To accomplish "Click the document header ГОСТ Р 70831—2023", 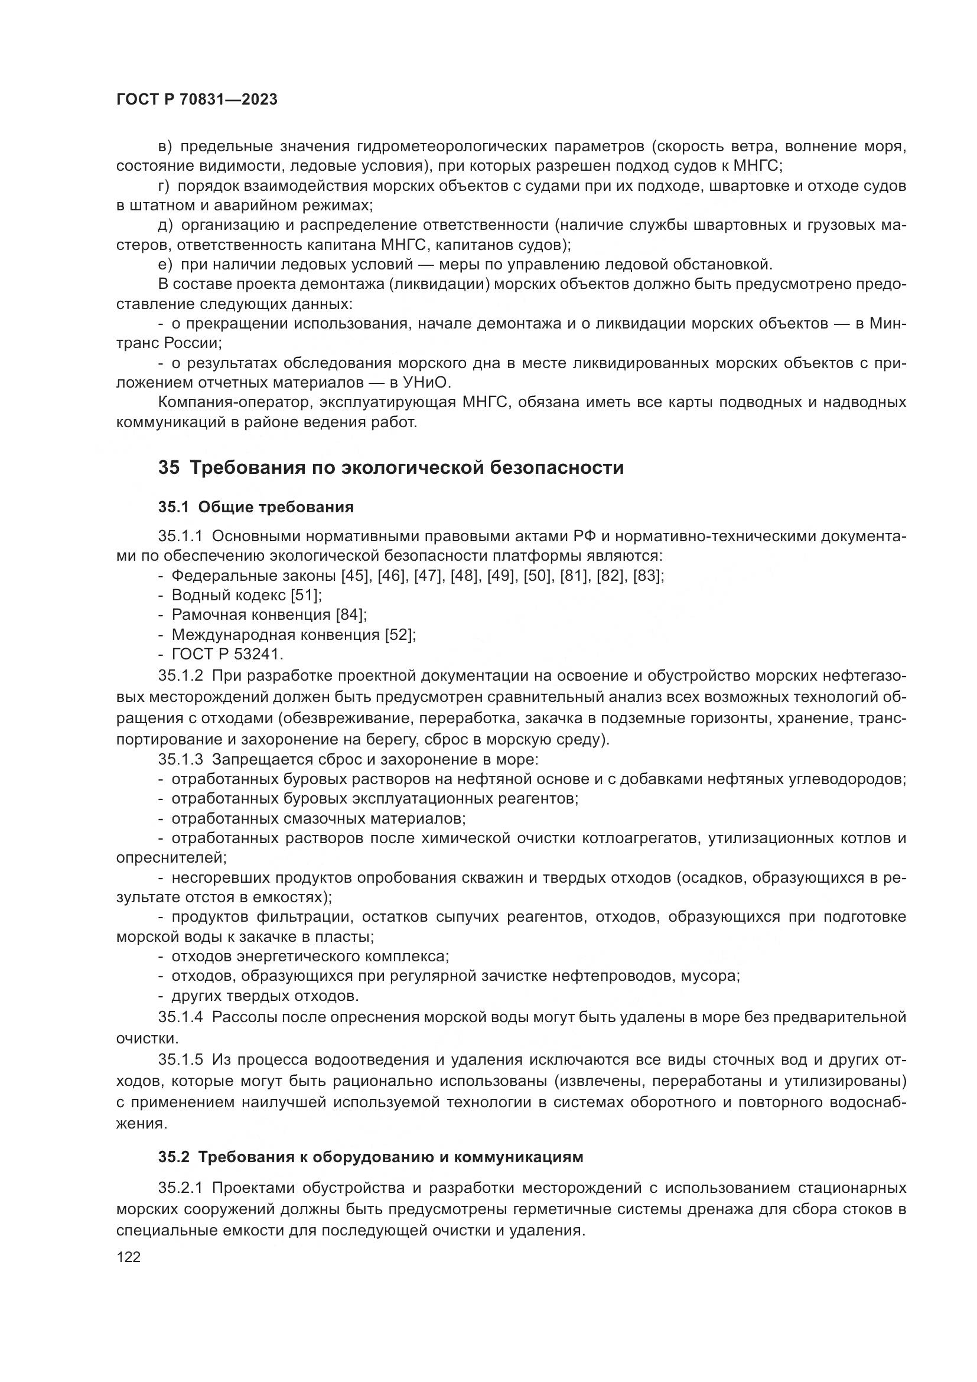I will point(197,100).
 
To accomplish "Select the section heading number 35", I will point(168,468).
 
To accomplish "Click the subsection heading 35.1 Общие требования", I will point(256,508).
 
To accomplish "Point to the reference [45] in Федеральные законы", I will point(355,576).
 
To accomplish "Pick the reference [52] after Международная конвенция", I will point(399,635).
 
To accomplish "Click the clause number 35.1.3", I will point(181,760).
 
